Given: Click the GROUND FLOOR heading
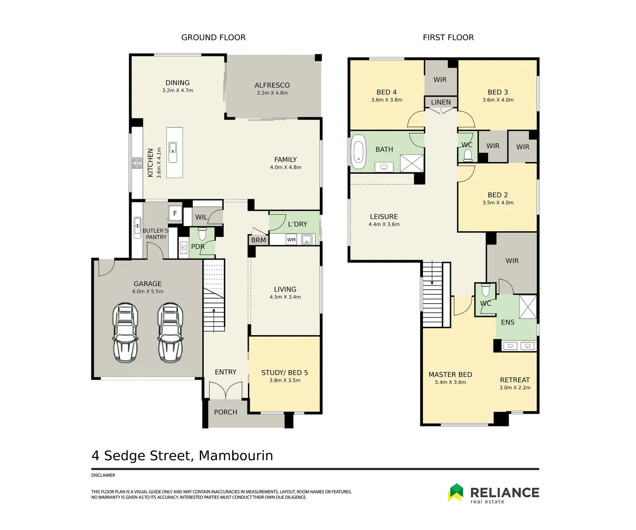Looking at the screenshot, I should (x=213, y=37).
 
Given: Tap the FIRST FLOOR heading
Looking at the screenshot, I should (x=448, y=37).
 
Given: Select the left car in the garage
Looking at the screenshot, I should (x=125, y=332).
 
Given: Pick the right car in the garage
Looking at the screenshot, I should (x=170, y=332).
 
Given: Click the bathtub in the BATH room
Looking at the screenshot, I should (x=359, y=152).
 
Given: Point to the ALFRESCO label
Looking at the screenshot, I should (x=272, y=85).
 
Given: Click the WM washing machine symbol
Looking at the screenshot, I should (x=291, y=240).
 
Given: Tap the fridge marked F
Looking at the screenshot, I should (x=175, y=213).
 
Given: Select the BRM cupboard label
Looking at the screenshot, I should (x=258, y=240).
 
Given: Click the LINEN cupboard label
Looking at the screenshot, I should (x=441, y=102).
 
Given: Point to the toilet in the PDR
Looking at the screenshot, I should (x=202, y=234).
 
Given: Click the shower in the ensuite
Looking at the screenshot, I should (x=528, y=308).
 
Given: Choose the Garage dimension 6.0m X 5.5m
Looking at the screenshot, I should (x=148, y=291).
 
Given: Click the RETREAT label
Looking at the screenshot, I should (x=515, y=380).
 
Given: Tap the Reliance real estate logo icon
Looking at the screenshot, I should (x=455, y=493).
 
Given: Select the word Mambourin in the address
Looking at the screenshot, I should (x=236, y=456).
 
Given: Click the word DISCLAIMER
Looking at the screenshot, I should (x=103, y=475).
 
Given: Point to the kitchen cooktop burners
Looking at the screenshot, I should (x=137, y=163).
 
